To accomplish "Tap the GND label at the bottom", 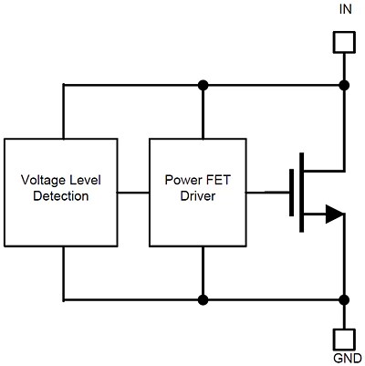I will point(344,358).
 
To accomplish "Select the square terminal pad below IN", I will point(344,42).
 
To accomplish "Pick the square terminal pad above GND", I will point(344,336).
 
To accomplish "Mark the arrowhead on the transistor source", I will point(334,214).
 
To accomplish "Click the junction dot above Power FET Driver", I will point(203,85).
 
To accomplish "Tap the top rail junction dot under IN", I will point(344,85).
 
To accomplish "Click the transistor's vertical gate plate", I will point(291,193).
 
